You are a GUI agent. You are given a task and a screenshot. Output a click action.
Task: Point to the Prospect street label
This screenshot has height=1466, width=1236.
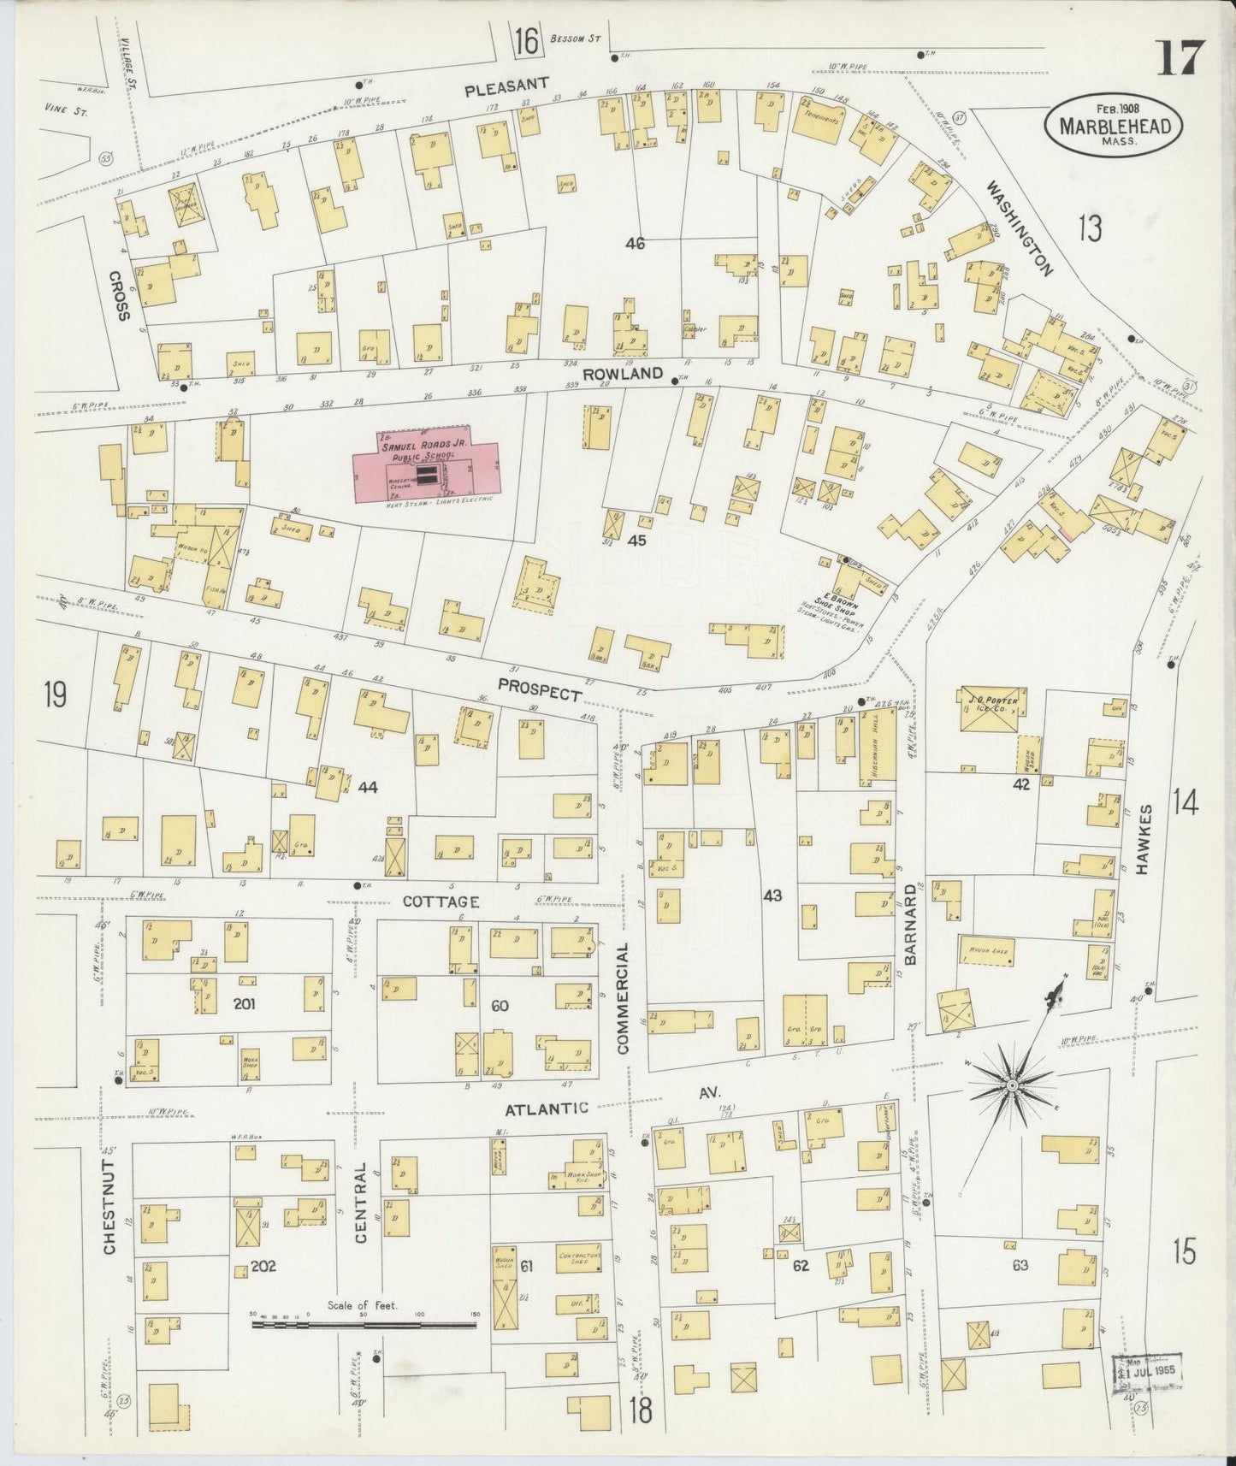coord(540,689)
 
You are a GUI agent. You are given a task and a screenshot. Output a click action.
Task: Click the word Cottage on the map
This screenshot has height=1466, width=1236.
coord(441,901)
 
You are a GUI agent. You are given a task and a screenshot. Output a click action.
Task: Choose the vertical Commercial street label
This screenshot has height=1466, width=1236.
coord(623,997)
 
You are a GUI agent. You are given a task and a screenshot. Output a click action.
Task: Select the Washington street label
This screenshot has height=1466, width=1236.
coord(1019,227)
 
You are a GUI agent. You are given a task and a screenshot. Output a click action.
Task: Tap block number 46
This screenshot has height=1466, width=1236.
coord(634,244)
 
